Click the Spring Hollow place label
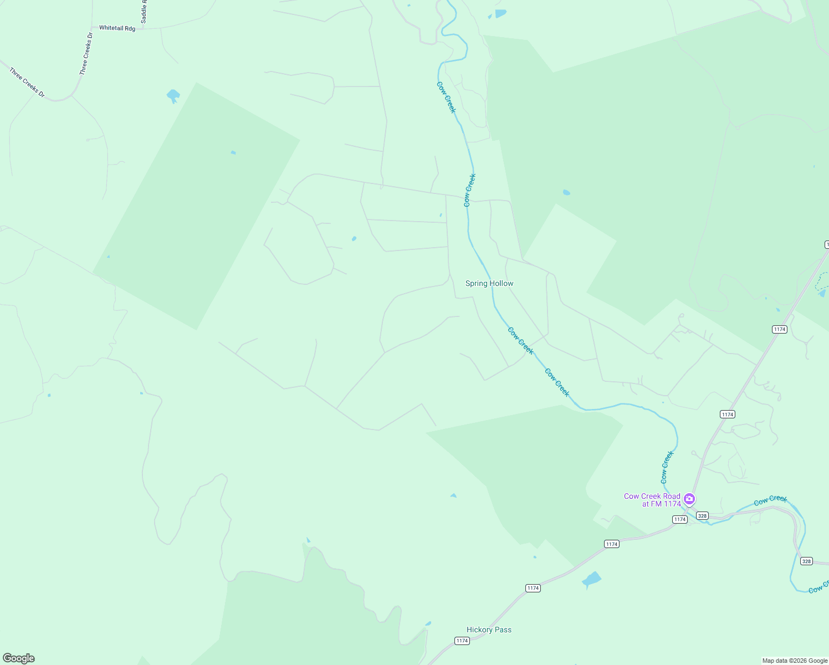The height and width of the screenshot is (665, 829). click(489, 283)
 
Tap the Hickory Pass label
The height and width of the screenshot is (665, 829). click(489, 630)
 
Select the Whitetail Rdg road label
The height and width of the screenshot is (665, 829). click(117, 28)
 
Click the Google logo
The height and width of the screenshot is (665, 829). click(19, 658)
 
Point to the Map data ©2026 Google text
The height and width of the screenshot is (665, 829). click(795, 661)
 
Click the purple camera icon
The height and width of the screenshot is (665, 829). click(689, 499)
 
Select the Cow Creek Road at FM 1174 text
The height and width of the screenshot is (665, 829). click(652, 500)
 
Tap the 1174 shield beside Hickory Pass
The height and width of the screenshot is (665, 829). click(462, 641)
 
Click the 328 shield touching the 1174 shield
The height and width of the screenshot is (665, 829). click(702, 516)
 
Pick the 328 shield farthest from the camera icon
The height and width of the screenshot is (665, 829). click(806, 561)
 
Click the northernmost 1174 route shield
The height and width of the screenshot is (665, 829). click(779, 329)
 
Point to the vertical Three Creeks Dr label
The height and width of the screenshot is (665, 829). click(86, 54)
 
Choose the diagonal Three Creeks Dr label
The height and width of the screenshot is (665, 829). click(27, 83)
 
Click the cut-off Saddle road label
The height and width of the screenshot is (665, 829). click(144, 11)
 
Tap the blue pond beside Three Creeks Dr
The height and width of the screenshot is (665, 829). click(173, 96)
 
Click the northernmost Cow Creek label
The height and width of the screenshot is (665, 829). click(446, 98)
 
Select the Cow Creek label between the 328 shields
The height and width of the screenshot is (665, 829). click(770, 500)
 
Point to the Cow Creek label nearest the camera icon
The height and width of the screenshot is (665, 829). click(667, 467)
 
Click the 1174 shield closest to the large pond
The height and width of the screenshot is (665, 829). click(611, 544)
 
